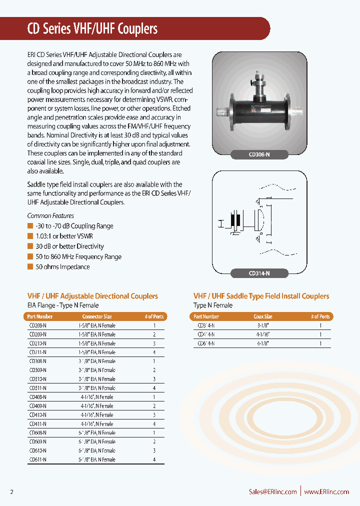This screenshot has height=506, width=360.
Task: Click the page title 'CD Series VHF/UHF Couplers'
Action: (92, 29)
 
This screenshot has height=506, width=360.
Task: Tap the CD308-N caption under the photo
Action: (259, 155)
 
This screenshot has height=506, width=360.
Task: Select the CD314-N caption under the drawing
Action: (259, 273)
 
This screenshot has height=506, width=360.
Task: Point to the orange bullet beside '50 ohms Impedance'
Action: (30, 266)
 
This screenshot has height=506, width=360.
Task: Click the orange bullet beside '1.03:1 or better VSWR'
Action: (30, 236)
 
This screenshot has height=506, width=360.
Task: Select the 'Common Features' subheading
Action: (50, 216)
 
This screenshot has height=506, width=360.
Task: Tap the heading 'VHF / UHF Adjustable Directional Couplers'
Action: (92, 296)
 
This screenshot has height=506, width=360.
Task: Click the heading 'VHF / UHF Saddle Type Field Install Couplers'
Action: (261, 296)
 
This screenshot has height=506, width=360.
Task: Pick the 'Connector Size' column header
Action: (97, 316)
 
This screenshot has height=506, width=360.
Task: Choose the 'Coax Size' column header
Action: (262, 316)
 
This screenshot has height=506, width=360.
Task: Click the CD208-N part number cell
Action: (37, 325)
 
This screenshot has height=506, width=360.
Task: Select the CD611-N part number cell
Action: (37, 459)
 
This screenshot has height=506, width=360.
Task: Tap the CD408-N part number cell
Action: (37, 397)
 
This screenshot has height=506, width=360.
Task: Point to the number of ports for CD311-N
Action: (154, 388)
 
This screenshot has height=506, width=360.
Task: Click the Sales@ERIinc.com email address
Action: (272, 491)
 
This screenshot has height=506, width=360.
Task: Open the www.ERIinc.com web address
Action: (326, 491)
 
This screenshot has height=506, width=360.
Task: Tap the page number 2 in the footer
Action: (11, 492)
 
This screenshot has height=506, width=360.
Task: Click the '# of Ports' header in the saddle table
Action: (320, 316)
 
